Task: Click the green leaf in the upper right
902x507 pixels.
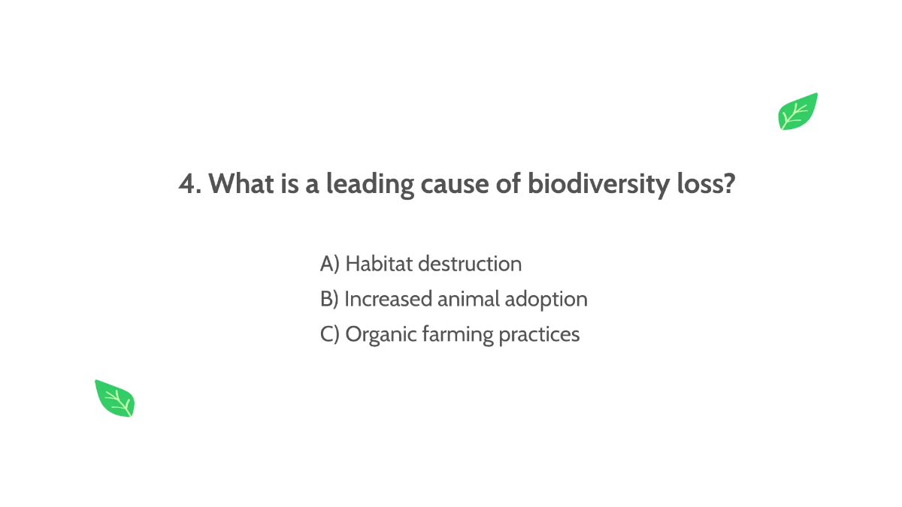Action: coord(798,112)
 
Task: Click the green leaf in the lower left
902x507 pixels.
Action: coord(114,398)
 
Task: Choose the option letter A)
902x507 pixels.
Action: coord(330,264)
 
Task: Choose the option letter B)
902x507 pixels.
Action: coord(329,299)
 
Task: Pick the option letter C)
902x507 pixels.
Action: coord(330,334)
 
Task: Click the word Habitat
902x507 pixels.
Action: coord(378,264)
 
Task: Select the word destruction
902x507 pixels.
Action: coord(469,264)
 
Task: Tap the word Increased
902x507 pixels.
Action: coord(388,299)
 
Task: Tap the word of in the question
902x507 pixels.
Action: coord(505,184)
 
